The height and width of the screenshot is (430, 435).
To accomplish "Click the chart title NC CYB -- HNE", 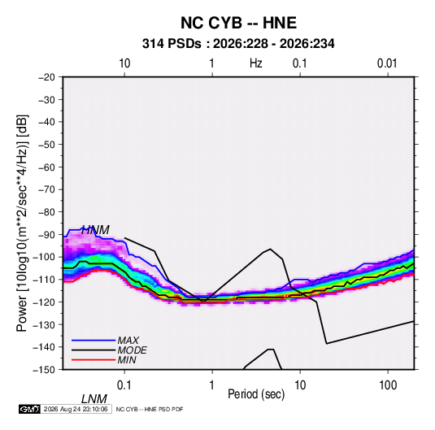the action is pyautogui.click(x=238, y=23).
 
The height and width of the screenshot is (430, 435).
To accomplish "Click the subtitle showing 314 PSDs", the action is pyautogui.click(x=238, y=44).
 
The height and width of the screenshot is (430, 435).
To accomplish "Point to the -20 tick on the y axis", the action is pyautogui.click(x=46, y=77).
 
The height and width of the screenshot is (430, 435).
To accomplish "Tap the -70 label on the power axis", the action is pyautogui.click(x=46, y=189).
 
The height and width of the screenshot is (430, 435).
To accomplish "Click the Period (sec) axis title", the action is pyautogui.click(x=256, y=394).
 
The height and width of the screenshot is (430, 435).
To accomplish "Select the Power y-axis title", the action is pyautogui.click(x=22, y=224).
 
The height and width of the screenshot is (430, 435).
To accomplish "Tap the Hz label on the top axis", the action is pyautogui.click(x=256, y=63).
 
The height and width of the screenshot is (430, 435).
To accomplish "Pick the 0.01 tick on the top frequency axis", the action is pyautogui.click(x=387, y=63).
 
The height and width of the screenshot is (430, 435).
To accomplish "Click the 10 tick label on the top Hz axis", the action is pyautogui.click(x=124, y=63).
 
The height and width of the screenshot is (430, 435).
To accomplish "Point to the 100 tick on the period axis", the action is pyautogui.click(x=388, y=385).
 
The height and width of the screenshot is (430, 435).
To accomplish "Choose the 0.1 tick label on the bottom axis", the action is pyautogui.click(x=124, y=385).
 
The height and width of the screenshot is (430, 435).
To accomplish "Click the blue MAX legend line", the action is pyautogui.click(x=94, y=341).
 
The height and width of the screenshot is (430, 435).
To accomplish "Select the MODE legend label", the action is pyautogui.click(x=132, y=350).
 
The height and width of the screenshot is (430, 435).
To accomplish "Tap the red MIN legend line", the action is pyautogui.click(x=94, y=360).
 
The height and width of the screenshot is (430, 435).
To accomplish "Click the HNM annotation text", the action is pyautogui.click(x=95, y=230).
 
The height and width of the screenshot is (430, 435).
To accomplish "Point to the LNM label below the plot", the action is pyautogui.click(x=94, y=399).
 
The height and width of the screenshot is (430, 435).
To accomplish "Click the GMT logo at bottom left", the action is pyautogui.click(x=30, y=409).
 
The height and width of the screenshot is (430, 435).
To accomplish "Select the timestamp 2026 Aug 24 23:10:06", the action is pyautogui.click(x=76, y=409).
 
